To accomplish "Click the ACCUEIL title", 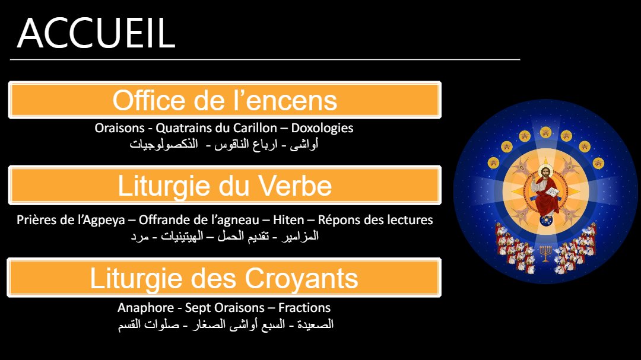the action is coord(97,33).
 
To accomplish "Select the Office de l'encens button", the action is coord(225,100).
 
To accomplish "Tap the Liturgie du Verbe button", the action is coord(225,185).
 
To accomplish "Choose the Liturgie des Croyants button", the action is coord(224,278).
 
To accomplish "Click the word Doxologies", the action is coord(322,128).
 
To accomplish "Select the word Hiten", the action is coord(288,220).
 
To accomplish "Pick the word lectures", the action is coord(409,220).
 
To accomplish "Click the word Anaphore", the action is coord(140,308).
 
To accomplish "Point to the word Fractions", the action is coord(304,308).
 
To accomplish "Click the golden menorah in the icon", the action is coord(545,253).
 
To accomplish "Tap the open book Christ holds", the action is coord(553,191).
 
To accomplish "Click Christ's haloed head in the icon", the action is coord(545,172).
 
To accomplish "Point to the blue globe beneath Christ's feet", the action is coord(545,220).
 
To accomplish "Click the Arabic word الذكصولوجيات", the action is coord(164,144).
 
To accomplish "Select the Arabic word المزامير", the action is coord(300,236).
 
